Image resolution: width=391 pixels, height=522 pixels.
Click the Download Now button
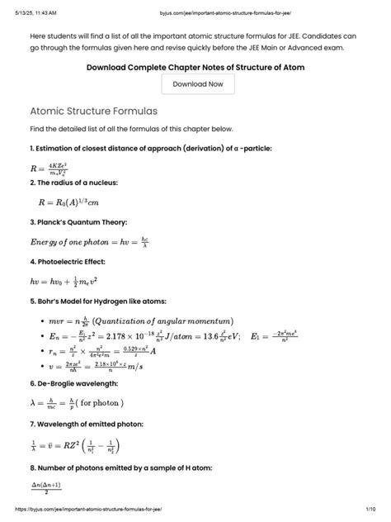[197, 84]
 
